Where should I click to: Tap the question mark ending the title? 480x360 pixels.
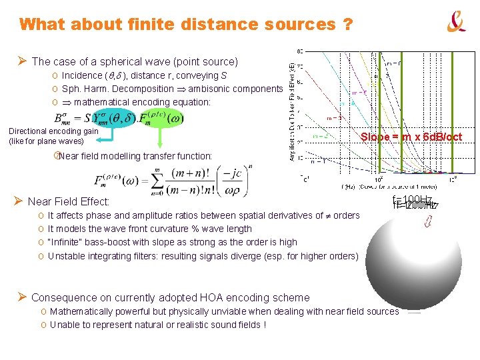pos(347,25)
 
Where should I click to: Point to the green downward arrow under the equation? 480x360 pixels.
pos(160,139)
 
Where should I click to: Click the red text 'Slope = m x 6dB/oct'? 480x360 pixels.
pos(411,137)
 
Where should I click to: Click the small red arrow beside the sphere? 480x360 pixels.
pos(429,223)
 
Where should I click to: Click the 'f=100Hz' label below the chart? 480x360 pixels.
pos(415,202)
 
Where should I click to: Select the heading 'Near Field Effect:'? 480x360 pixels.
pos(69,201)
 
